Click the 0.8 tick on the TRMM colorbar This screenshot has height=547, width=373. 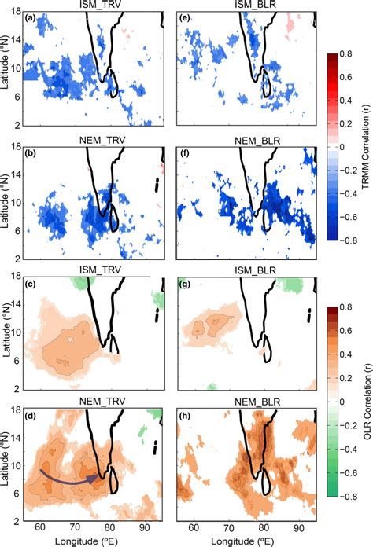point(346,54)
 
